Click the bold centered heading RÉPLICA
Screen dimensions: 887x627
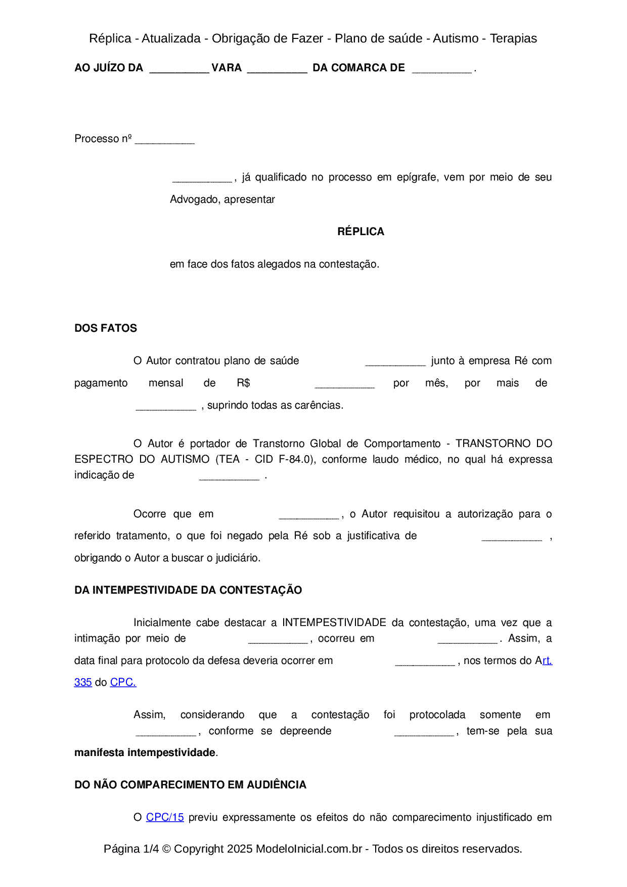pyautogui.click(x=361, y=232)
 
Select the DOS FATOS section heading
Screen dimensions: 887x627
pyautogui.click(x=106, y=328)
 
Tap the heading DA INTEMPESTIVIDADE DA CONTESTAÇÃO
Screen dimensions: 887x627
pyautogui.click(x=188, y=590)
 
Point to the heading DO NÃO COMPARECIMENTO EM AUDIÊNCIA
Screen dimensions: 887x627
pyautogui.click(x=190, y=785)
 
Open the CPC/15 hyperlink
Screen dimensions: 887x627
pyautogui.click(x=165, y=817)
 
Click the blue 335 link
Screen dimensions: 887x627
pyautogui.click(x=83, y=682)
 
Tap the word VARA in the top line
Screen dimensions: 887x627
pyautogui.click(x=227, y=68)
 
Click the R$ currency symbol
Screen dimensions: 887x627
pyautogui.click(x=243, y=383)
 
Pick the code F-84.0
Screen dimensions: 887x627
pyautogui.click(x=295, y=459)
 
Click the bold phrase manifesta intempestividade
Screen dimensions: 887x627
pyautogui.click(x=145, y=752)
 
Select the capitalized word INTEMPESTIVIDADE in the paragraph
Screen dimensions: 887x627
pyautogui.click(x=334, y=623)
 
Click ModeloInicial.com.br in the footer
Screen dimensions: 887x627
pyautogui.click(x=308, y=849)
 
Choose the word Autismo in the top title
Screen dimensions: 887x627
pyautogui.click(x=456, y=38)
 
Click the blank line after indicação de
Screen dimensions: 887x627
pyautogui.click(x=229, y=477)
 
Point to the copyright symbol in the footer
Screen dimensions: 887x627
pyautogui.click(x=166, y=849)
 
